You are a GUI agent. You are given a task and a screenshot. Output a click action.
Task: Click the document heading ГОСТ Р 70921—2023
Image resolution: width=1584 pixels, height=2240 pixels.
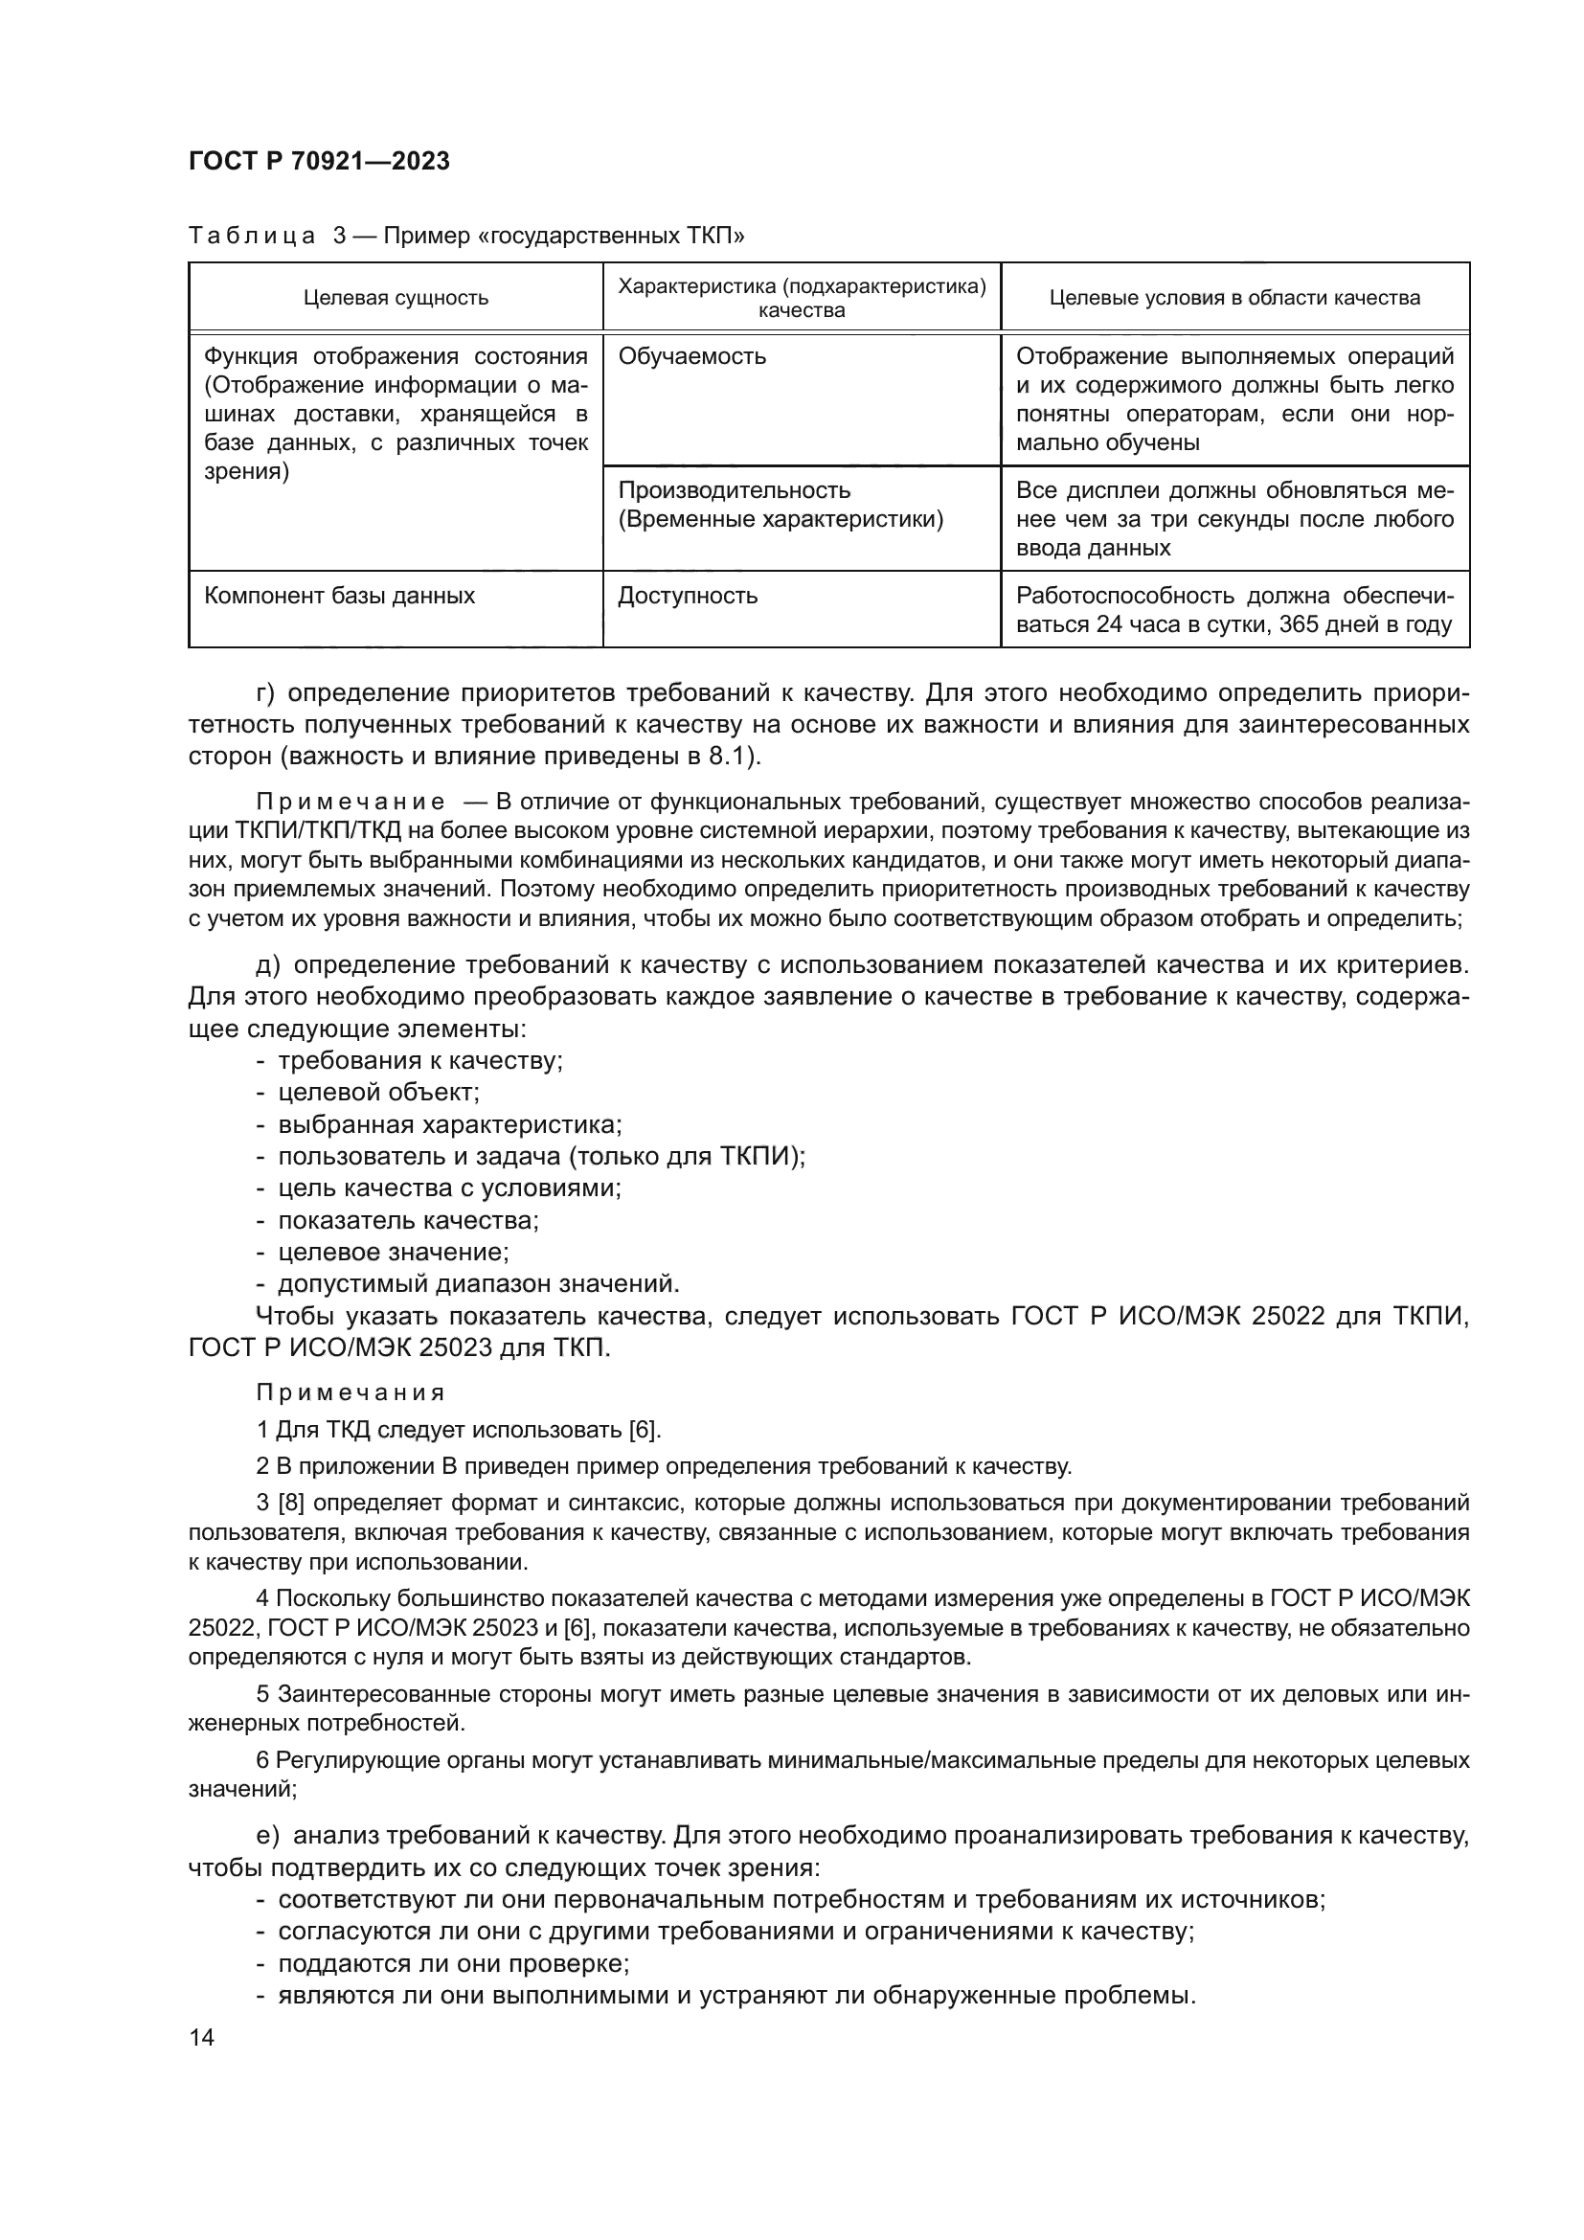pos(319,162)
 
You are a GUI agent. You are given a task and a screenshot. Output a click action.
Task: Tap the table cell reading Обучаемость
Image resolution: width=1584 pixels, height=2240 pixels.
pos(691,357)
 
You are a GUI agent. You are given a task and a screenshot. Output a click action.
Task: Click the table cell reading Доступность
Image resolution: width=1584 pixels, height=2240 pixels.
pos(687,596)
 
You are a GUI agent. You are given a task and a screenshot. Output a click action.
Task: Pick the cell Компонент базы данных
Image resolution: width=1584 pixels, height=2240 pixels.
pos(338,596)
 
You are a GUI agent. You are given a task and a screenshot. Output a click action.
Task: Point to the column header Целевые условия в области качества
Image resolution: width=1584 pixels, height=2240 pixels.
pos(1233,299)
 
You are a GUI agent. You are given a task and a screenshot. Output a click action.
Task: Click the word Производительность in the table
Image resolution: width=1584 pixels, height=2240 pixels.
pos(734,490)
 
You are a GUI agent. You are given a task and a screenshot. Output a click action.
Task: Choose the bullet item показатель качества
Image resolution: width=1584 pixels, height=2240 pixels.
pos(408,1220)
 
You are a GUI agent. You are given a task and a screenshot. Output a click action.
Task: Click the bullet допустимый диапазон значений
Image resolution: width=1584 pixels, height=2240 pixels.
pos(478,1284)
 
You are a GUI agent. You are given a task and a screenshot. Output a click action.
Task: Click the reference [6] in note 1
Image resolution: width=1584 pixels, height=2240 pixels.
pos(643,1430)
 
